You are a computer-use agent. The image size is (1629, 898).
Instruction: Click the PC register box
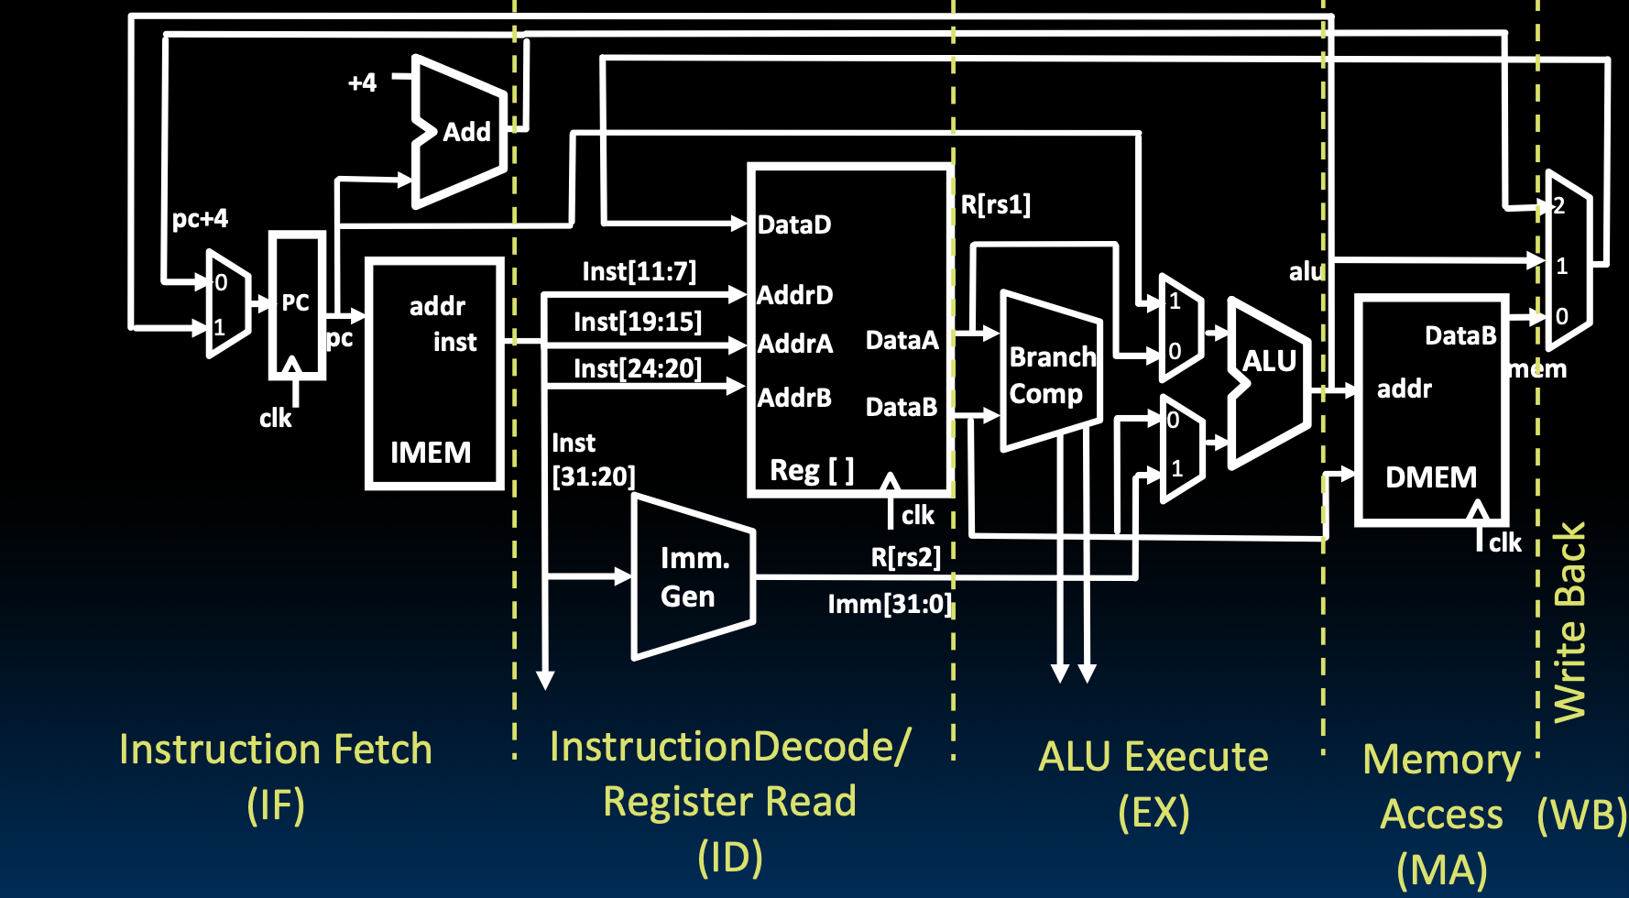(296, 305)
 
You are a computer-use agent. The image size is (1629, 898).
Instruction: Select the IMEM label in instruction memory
(431, 453)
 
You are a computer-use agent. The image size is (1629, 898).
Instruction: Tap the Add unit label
(467, 132)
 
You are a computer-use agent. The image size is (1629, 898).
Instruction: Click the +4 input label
(362, 82)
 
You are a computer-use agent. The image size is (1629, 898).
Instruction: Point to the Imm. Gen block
(694, 577)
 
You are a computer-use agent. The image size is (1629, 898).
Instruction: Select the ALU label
(1269, 361)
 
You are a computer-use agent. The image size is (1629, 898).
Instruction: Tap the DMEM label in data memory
(1430, 477)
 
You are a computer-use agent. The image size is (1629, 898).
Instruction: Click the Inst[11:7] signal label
(639, 271)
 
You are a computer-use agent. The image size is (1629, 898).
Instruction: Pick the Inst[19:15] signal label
(638, 322)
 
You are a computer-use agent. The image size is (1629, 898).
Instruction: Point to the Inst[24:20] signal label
(638, 368)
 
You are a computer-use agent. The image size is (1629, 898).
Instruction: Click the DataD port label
(794, 224)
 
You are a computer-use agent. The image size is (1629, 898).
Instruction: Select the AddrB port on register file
(794, 398)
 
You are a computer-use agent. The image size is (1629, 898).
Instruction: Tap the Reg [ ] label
(812, 470)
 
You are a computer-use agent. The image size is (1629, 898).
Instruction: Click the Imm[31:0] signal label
(890, 604)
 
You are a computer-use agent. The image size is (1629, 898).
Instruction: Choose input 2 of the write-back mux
(1559, 206)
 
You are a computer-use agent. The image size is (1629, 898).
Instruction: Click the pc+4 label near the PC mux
(200, 219)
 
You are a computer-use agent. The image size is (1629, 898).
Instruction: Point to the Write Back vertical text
(1569, 623)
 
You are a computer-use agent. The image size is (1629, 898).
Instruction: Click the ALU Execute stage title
(1153, 758)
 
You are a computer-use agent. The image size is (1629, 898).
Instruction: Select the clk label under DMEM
(1504, 543)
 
